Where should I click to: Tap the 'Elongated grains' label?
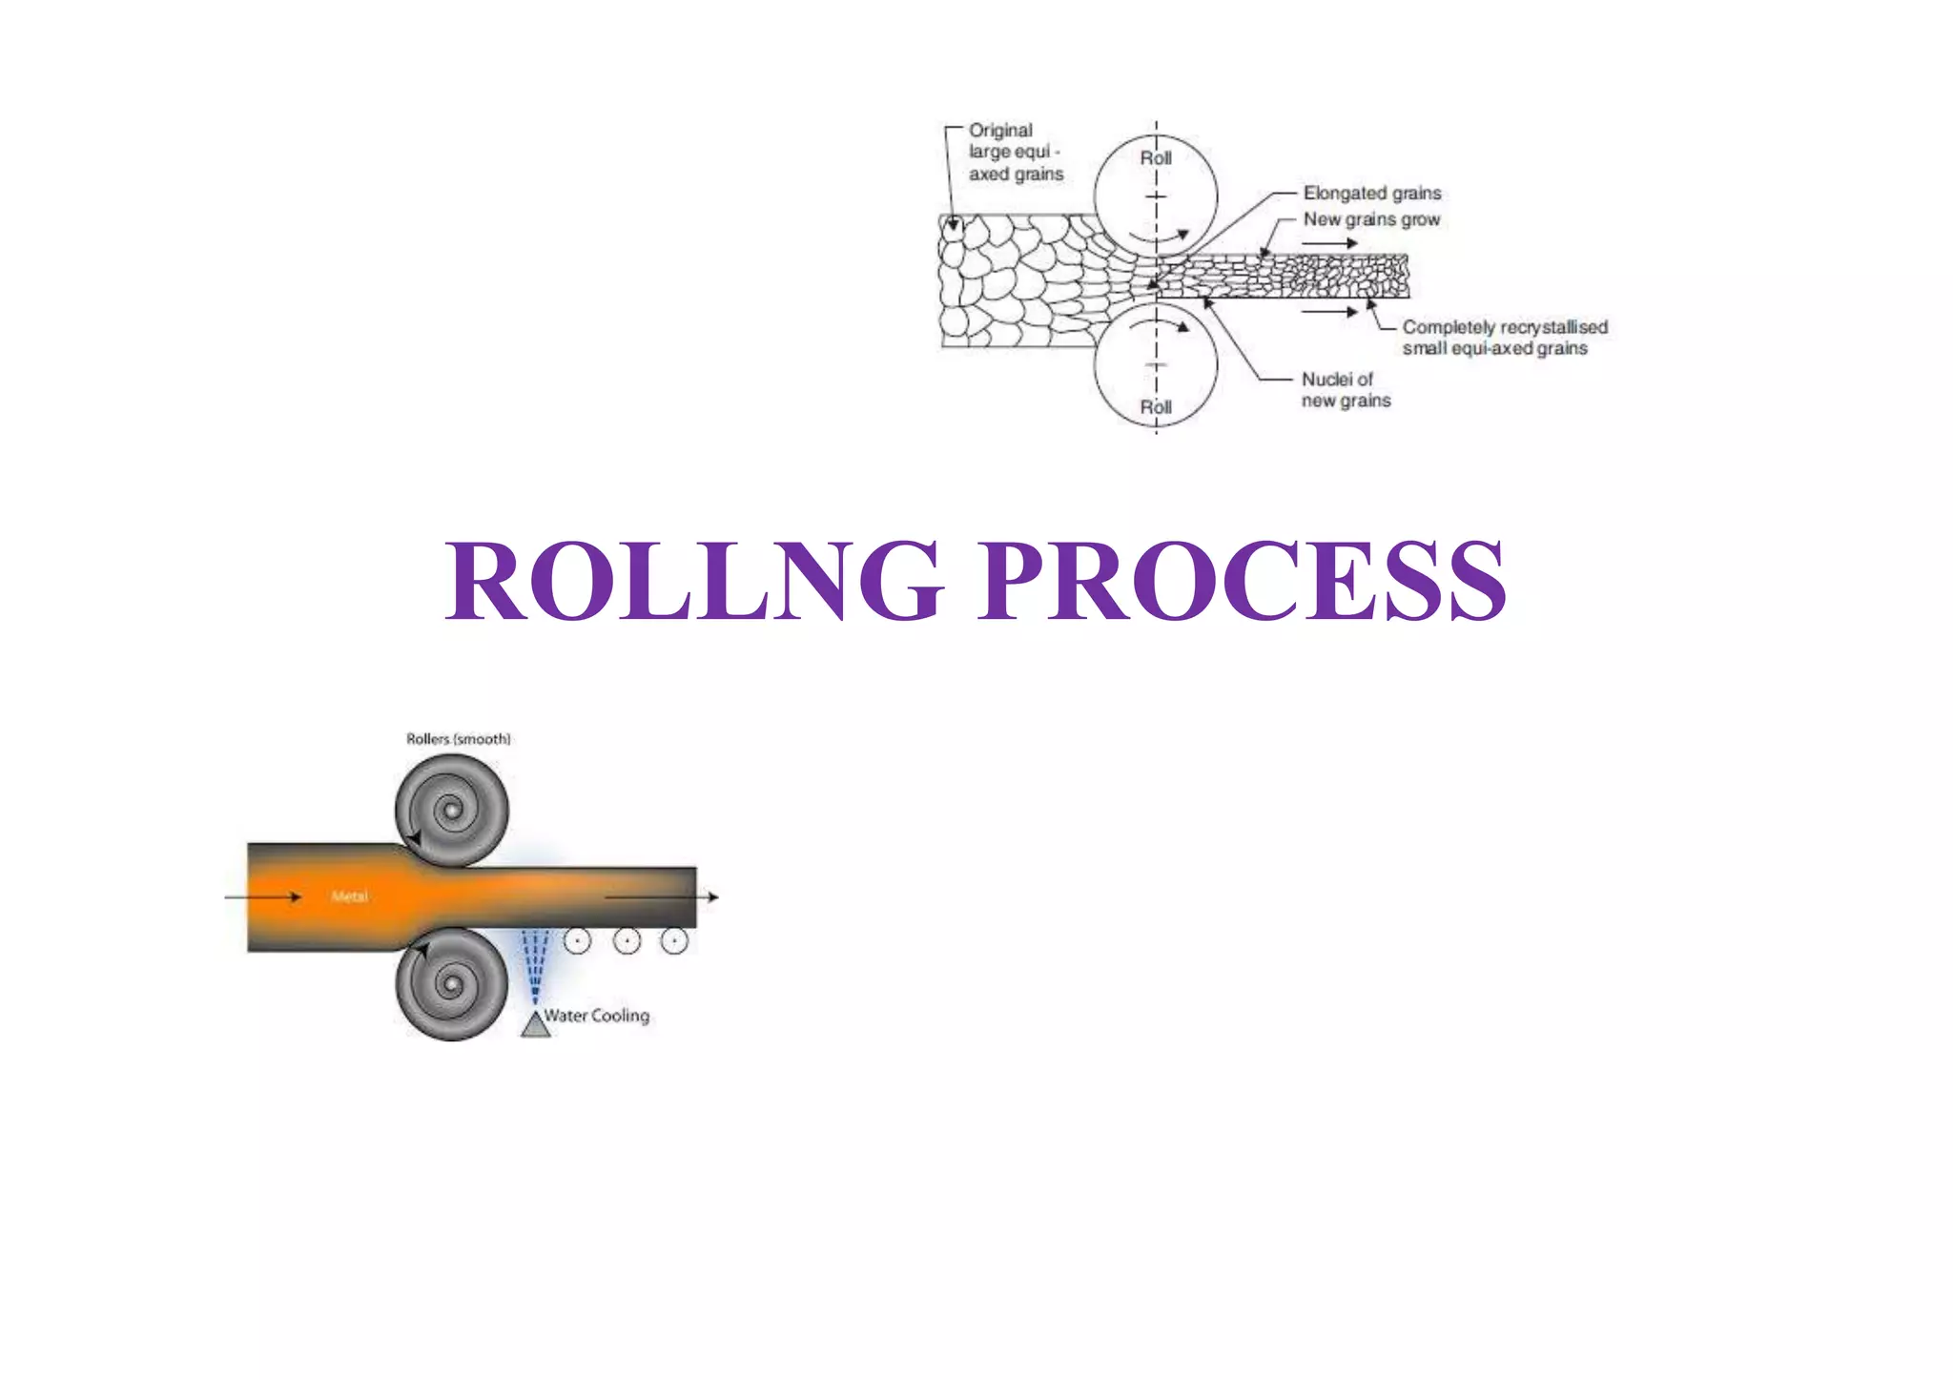(x=1371, y=194)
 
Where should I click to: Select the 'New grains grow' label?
(x=1370, y=219)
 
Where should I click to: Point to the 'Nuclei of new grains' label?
(x=1345, y=390)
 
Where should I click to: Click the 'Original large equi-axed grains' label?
(x=1015, y=153)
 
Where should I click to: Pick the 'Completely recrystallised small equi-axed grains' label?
(x=1504, y=338)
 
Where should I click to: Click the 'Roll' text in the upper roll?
(x=1156, y=158)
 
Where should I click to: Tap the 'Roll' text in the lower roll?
(x=1156, y=407)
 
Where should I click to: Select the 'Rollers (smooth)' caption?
(x=458, y=739)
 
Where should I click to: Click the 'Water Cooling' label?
(x=597, y=1016)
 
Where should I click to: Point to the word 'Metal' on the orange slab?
(x=349, y=896)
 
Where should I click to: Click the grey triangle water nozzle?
(x=535, y=1025)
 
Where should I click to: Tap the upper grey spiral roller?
(x=451, y=811)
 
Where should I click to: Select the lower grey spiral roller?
(x=451, y=984)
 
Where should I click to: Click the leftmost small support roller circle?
(x=577, y=941)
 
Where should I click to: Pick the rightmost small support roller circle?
(x=674, y=941)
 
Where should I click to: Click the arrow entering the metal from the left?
(x=263, y=896)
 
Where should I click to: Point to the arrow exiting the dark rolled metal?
(x=662, y=896)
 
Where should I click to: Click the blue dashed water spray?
(x=534, y=963)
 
